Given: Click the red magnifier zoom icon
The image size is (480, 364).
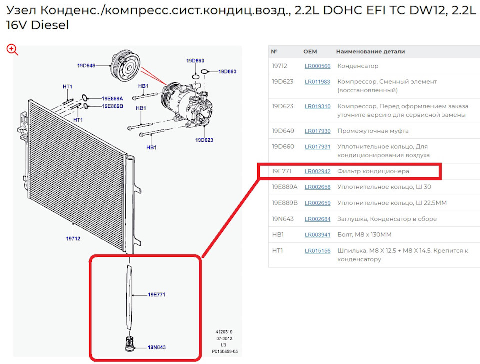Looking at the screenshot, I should [12, 49].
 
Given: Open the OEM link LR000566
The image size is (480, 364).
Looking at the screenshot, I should [317, 66].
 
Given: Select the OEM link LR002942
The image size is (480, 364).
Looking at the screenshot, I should [317, 171].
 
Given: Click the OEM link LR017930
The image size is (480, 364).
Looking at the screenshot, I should [317, 131].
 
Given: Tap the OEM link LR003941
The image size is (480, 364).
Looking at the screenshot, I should [317, 235].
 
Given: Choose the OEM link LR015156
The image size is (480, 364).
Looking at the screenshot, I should [317, 251].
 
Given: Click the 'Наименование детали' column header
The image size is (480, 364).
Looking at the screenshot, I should [370, 51].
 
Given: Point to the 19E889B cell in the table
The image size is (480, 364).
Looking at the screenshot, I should [284, 203].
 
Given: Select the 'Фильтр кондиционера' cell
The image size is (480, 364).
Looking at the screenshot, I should [373, 171].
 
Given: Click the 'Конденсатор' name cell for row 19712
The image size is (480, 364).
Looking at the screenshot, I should [358, 66].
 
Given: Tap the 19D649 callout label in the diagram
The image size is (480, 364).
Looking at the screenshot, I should [86, 65].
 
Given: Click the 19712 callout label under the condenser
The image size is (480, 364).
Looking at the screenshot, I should [73, 239].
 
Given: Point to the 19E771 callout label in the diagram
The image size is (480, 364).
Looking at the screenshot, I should [156, 295].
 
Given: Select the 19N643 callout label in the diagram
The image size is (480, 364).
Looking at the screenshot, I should [156, 347].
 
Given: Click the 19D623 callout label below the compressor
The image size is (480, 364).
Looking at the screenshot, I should [204, 140].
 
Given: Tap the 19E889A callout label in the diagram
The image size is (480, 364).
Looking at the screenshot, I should [112, 99].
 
